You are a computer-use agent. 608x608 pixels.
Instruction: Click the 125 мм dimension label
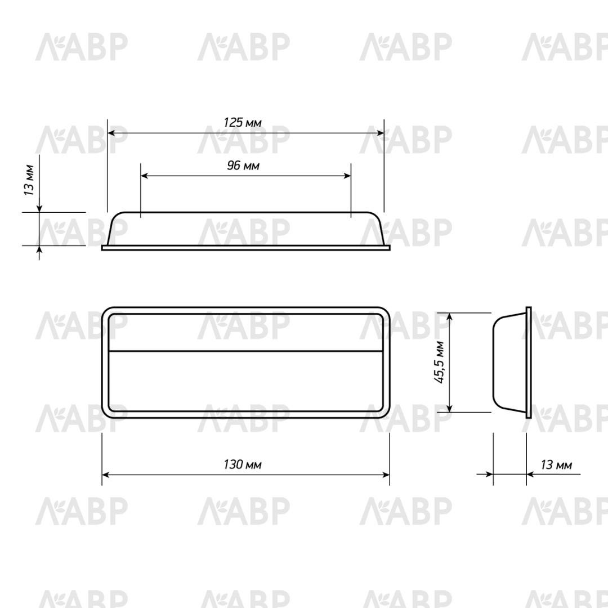click(x=242, y=123)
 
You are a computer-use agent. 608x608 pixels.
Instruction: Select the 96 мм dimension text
click(x=243, y=166)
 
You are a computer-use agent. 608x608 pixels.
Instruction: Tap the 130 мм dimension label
click(x=243, y=464)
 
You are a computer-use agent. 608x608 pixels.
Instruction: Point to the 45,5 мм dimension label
click(x=439, y=362)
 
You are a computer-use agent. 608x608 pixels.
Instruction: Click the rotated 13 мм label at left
click(x=29, y=180)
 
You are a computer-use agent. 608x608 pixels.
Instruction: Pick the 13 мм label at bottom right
click(x=556, y=464)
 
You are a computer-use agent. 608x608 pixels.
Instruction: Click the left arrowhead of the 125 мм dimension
click(x=111, y=133)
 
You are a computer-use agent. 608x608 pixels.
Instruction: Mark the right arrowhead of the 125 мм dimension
click(x=379, y=133)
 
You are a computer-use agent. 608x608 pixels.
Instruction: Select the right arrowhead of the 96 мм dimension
click(x=346, y=176)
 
